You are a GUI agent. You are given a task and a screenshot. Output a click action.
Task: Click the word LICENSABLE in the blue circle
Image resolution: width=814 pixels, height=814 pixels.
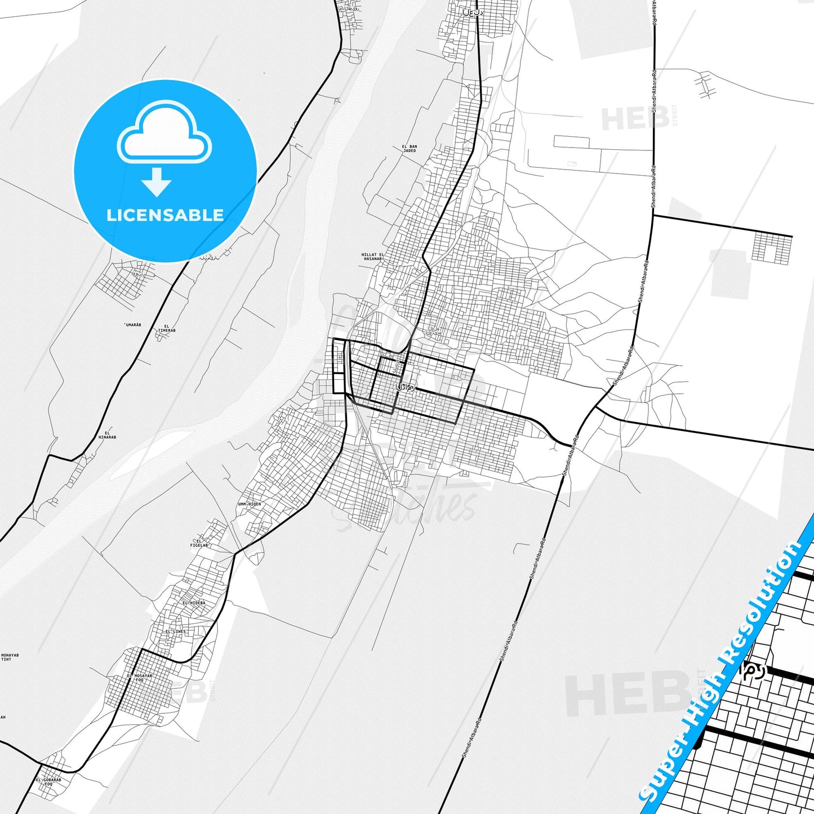pyautogui.click(x=165, y=215)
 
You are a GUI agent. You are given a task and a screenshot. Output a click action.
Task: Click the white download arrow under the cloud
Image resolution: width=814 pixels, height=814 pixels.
pyautogui.click(x=157, y=181)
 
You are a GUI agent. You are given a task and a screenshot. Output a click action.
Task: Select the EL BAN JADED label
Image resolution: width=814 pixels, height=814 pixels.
pyautogui.click(x=410, y=149)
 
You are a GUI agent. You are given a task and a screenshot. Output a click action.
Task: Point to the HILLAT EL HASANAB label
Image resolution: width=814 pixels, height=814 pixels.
pyautogui.click(x=372, y=257)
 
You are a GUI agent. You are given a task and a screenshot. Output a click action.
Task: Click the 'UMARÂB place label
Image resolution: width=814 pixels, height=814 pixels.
pyautogui.click(x=132, y=325)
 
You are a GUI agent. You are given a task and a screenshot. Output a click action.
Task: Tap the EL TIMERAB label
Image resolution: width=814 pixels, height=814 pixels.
pyautogui.click(x=167, y=328)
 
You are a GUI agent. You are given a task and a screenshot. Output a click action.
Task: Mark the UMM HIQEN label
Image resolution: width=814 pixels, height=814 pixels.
pyautogui.click(x=250, y=504)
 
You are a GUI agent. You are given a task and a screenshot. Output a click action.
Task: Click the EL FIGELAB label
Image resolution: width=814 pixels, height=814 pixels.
pyautogui.click(x=199, y=543)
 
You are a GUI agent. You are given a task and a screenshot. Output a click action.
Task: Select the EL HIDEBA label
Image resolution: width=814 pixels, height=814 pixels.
pyautogui.click(x=194, y=603)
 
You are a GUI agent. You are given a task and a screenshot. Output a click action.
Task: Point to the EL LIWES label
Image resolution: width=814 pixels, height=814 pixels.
pyautogui.click(x=175, y=631)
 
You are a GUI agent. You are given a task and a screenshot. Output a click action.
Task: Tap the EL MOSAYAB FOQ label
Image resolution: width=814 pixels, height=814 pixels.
pyautogui.click(x=139, y=678)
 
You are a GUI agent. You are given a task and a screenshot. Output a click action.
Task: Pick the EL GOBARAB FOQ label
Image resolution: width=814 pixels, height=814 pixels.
pyautogui.click(x=48, y=782)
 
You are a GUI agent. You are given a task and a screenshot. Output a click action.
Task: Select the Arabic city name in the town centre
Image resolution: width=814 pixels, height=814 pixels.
pyautogui.click(x=406, y=388)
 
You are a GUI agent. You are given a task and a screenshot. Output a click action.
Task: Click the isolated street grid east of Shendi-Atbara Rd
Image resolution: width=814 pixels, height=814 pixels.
pyautogui.click(x=772, y=248)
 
